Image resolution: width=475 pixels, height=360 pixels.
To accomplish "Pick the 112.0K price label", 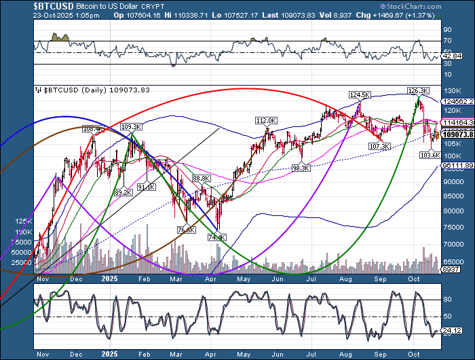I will (265, 120).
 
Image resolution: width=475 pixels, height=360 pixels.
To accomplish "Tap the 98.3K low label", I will (301, 168).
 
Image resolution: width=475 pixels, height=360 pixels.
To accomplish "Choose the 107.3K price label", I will (378, 146).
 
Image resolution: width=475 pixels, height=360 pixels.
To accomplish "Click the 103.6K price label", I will (432, 156).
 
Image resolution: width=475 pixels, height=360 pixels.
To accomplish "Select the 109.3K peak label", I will (131, 126).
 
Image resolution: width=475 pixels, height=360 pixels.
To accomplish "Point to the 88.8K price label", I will (202, 178).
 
